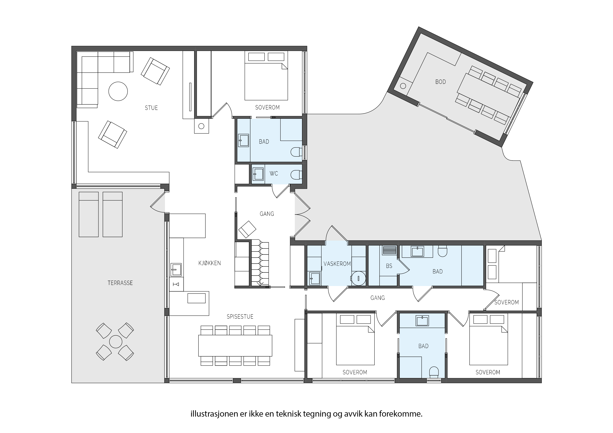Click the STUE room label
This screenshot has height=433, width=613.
[x=151, y=108]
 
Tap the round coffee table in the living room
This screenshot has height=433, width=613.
[x=118, y=91]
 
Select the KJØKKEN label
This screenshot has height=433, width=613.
[x=210, y=263]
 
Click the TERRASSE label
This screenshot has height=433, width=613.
[x=120, y=283]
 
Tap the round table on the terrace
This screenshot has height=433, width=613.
[x=116, y=342]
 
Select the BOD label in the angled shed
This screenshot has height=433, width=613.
[x=441, y=82]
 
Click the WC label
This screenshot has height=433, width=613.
[x=274, y=174]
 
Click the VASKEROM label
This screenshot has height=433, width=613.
[x=337, y=264]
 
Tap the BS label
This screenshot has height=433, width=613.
[x=389, y=266]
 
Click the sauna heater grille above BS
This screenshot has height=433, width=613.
[x=390, y=251]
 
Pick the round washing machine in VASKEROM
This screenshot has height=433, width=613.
[x=358, y=278]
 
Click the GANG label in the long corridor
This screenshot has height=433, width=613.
[x=377, y=298]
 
